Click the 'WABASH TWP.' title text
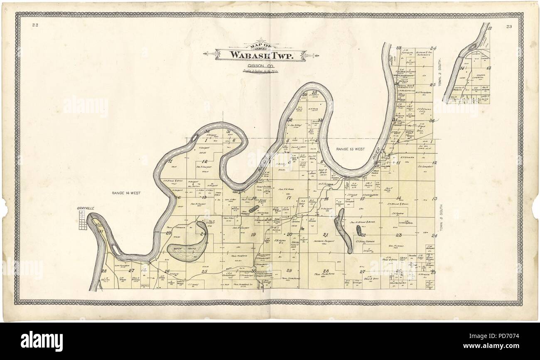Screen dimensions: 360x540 pyautogui.click(x=260, y=55)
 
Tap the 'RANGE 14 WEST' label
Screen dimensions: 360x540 pyautogui.click(x=126, y=193)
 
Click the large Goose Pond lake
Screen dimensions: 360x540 pyautogui.click(x=185, y=250)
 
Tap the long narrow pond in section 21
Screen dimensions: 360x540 pyautogui.click(x=344, y=231)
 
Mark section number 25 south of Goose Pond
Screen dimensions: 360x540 pyautogui.click(x=204, y=271)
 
